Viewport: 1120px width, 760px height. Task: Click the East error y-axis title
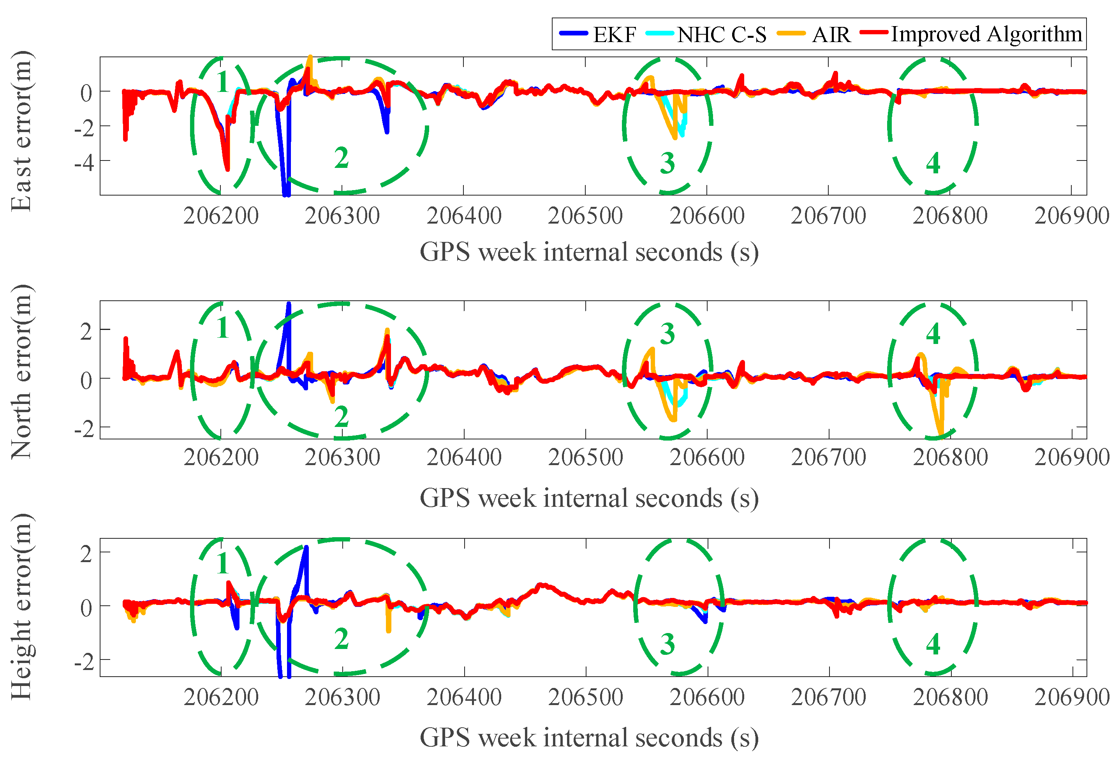22,131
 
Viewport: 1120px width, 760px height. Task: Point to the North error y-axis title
22,372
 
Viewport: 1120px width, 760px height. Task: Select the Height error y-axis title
22,607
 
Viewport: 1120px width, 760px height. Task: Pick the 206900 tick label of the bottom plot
1072,697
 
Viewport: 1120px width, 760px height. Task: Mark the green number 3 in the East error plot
667,163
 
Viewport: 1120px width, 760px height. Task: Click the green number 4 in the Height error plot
933,644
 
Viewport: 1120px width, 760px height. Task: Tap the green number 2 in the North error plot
341,416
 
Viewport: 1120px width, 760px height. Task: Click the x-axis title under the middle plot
589,498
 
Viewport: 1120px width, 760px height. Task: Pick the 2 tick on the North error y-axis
86,332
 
